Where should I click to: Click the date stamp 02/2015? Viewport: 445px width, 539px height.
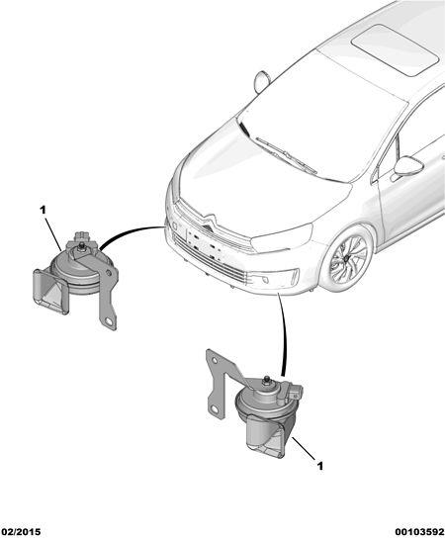pos(21,531)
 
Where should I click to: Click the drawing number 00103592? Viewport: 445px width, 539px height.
pos(419,531)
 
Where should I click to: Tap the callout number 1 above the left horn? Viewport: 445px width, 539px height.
pos(43,210)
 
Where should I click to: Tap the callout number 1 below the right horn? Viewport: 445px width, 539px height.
pos(320,466)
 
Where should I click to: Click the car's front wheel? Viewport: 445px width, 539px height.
pos(348,258)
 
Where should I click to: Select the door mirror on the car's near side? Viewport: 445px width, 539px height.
pos(408,166)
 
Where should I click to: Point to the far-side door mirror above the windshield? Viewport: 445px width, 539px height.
pos(262,81)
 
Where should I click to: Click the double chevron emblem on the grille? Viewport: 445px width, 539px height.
pos(209,221)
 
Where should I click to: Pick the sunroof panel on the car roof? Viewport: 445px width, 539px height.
pos(395,49)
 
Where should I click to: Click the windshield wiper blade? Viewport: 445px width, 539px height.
pos(286,154)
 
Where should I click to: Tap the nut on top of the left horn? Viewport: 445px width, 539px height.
pos(82,246)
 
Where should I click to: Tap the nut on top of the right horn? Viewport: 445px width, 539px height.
pos(266,381)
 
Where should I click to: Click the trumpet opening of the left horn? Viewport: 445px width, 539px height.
pos(50,292)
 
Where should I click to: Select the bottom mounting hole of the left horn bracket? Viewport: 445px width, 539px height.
pos(110,321)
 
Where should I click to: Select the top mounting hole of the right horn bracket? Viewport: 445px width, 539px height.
pos(214,361)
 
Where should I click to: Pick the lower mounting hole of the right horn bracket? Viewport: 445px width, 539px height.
pos(215,409)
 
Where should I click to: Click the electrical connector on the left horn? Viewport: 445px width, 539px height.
pos(82,236)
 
